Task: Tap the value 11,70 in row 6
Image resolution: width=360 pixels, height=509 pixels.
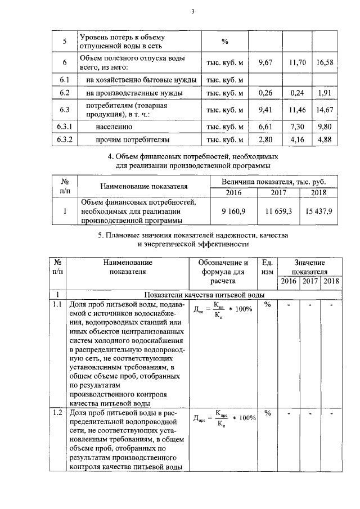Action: coord(298,62)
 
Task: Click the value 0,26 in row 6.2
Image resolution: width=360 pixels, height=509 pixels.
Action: coord(265,92)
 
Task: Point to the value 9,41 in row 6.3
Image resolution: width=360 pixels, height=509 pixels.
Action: coord(265,110)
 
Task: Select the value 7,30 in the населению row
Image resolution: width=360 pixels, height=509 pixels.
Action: coord(298,127)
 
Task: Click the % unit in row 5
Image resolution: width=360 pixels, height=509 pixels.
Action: coord(225,42)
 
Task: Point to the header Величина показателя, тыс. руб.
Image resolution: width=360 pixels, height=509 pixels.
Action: coord(277,182)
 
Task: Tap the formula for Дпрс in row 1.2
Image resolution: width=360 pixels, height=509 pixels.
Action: coord(224,418)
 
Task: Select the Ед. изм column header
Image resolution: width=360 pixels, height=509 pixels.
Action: coord(268,267)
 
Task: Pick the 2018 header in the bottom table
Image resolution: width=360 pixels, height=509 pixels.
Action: coord(331,281)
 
